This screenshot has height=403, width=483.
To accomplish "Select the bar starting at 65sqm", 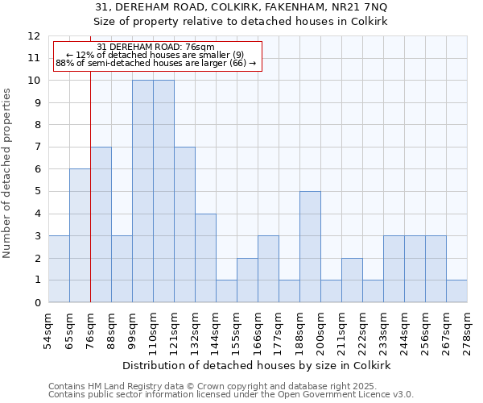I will [x=80, y=235].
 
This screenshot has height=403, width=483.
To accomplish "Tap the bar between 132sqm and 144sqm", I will [x=205, y=258].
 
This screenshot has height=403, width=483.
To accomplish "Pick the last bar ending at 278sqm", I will [x=456, y=291].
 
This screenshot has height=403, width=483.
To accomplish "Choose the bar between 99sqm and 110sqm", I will [x=142, y=191].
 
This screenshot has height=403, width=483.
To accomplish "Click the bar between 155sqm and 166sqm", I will [x=247, y=280].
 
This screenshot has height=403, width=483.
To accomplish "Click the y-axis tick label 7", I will [x=37, y=147].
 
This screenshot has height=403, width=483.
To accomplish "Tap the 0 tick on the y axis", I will [x=37, y=303].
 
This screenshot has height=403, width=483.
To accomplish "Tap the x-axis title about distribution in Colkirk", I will [x=258, y=365].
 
